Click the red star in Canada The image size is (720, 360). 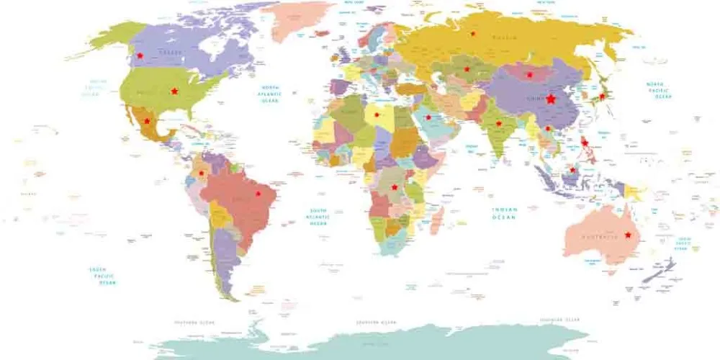(140, 55)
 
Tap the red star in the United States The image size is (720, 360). (174, 91)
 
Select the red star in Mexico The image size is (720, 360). (147, 121)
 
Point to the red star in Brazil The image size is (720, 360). (258, 194)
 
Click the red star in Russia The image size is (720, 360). (473, 34)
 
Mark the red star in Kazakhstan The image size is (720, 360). (467, 69)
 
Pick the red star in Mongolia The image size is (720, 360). (529, 74)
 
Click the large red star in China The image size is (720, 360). (551, 99)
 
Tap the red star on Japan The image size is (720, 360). (602, 96)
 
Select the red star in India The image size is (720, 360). (498, 123)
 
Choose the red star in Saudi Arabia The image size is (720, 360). (428, 117)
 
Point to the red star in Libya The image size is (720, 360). (376, 114)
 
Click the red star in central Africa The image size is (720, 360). (394, 187)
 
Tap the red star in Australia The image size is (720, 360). (628, 235)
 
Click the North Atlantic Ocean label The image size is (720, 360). (271, 93)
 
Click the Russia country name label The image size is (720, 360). (503, 37)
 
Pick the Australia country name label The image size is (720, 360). (599, 237)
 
